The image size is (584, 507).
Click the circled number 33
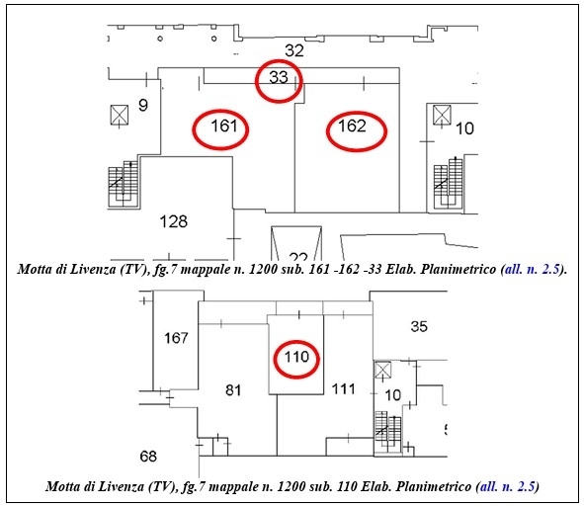click(279, 77)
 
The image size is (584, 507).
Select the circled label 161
click(224, 126)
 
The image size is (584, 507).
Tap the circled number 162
click(353, 126)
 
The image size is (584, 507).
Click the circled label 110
click(296, 357)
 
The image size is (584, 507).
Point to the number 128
click(174, 221)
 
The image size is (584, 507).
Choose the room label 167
click(176, 338)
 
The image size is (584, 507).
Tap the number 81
click(233, 390)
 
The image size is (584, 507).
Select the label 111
click(344, 389)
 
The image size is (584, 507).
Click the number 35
click(419, 327)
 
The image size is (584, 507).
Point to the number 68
click(148, 457)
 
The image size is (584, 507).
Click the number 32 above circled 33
click(294, 50)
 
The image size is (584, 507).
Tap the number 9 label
click(143, 106)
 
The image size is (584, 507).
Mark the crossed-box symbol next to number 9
click(120, 115)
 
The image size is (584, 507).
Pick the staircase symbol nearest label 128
click(124, 184)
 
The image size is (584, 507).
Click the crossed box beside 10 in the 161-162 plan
click(442, 115)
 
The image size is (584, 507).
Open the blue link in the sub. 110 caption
click(508, 486)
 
